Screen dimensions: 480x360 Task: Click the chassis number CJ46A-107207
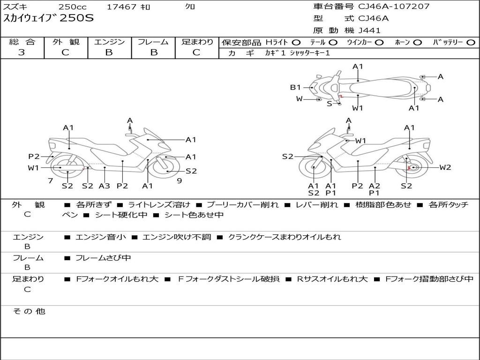point(394,7)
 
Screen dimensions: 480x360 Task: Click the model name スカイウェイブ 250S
point(48,18)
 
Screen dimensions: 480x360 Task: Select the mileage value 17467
point(121,7)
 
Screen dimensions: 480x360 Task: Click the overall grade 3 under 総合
point(22,52)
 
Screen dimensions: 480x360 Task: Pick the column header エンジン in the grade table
point(109,42)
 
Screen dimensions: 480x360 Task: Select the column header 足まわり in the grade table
point(197,42)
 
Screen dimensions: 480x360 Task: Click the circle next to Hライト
point(296,43)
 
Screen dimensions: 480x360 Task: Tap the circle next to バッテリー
point(471,43)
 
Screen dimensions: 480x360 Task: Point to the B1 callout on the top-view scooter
point(295,87)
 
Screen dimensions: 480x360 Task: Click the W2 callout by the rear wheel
point(445,167)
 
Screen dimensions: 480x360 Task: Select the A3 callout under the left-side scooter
point(105,186)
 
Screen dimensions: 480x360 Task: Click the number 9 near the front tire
point(180,181)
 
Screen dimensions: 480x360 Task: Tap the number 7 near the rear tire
point(51,181)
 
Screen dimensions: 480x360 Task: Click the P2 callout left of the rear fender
point(34,157)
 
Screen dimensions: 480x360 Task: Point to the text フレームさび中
point(103,258)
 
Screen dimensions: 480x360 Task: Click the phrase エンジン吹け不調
point(177,237)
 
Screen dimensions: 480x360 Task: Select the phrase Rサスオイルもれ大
point(332,279)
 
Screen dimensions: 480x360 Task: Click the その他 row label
point(29,311)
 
